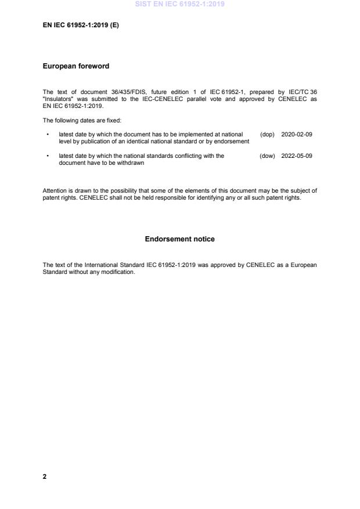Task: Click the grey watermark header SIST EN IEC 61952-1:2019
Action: pyautogui.click(x=179, y=4)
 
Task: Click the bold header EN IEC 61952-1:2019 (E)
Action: pyautogui.click(x=81, y=26)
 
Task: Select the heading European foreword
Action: pyautogui.click(x=75, y=66)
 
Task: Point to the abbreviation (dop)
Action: pyautogui.click(x=267, y=134)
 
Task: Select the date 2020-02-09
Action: pyautogui.click(x=297, y=134)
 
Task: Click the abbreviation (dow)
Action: pyautogui.click(x=267, y=156)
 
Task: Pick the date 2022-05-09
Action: pyautogui.click(x=297, y=156)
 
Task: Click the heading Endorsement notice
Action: pyautogui.click(x=179, y=239)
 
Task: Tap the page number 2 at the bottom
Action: pyautogui.click(x=45, y=476)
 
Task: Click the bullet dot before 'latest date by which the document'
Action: pyautogui.click(x=47, y=135)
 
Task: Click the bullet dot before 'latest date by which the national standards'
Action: pyautogui.click(x=47, y=156)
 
